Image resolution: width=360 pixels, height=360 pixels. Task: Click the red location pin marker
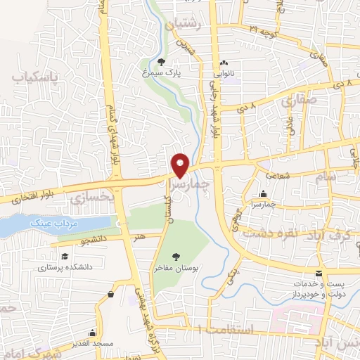[x=181, y=165]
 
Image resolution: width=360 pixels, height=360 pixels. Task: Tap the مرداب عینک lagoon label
[x=50, y=224]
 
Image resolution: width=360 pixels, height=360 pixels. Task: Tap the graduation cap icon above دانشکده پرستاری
[x=65, y=256]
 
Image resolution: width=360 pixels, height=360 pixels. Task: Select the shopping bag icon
[x=112, y=295]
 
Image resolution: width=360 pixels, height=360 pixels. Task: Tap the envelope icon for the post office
[x=320, y=273]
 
